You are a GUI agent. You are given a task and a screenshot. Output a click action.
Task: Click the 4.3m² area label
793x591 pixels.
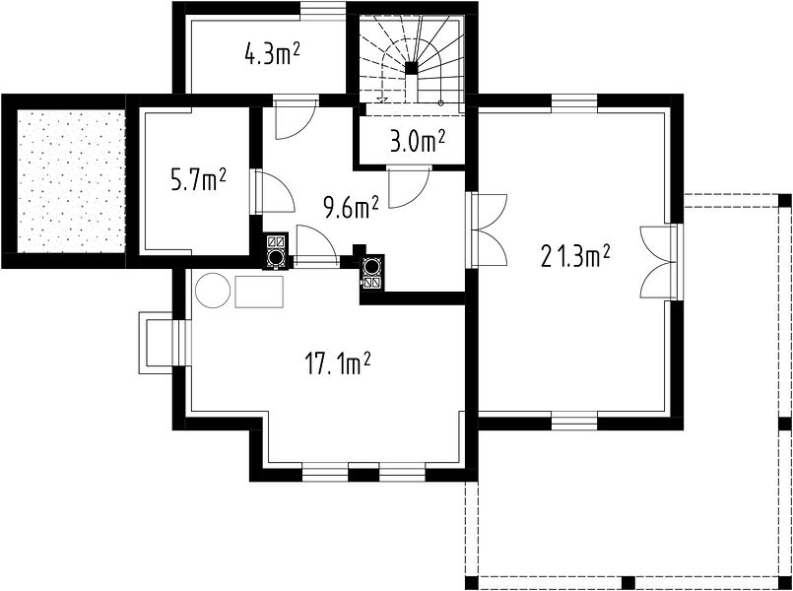[271, 54]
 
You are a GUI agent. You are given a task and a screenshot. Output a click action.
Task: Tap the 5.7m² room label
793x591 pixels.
[198, 180]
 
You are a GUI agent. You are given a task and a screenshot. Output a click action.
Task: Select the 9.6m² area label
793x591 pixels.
[352, 207]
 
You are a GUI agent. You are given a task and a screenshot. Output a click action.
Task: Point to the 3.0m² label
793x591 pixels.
[418, 142]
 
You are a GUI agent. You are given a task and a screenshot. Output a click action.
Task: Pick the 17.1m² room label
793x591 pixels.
[338, 363]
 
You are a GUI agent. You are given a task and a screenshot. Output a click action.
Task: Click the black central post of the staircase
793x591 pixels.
[412, 68]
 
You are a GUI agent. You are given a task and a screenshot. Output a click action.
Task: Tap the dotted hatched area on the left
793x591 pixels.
[71, 181]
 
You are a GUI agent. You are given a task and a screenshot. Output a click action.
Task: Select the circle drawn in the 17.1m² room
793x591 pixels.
[213, 291]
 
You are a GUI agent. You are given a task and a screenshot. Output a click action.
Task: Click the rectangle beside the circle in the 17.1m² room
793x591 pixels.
[259, 292]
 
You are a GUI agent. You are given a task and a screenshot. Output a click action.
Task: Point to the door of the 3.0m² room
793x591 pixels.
[409, 187]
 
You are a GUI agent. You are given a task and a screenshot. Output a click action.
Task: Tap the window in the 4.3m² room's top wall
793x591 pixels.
[323, 10]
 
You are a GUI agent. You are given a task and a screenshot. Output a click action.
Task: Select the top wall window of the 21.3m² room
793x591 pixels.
[574, 103]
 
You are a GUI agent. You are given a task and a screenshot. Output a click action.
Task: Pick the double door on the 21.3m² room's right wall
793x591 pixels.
[659, 262]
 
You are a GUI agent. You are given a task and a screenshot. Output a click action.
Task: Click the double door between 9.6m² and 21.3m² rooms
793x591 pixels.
[489, 230]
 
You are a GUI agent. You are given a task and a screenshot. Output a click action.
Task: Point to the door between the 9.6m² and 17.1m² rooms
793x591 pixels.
[316, 245]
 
